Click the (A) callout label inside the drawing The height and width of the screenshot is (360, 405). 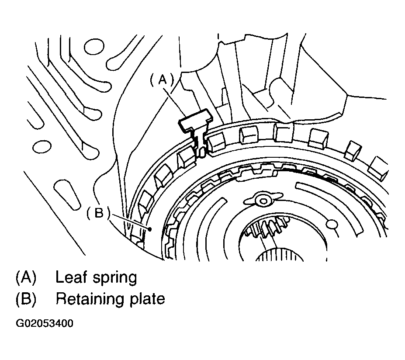(x=162, y=80)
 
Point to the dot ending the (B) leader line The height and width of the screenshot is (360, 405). (x=149, y=228)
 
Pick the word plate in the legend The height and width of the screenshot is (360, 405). (x=147, y=300)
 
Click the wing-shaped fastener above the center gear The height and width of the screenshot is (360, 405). (x=263, y=201)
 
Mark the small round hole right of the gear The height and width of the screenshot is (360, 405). (x=332, y=225)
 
